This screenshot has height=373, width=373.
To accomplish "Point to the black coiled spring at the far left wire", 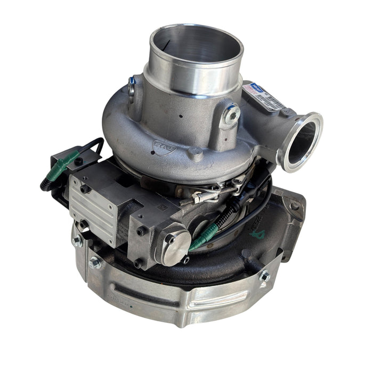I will [45, 183].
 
